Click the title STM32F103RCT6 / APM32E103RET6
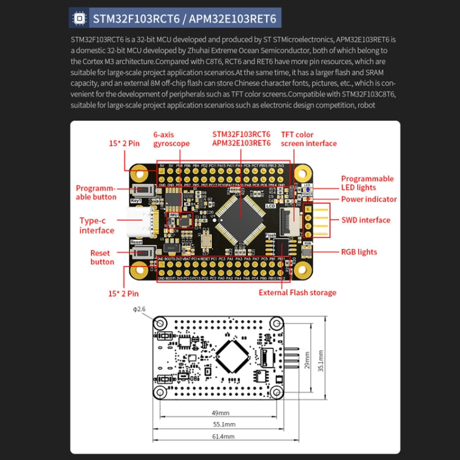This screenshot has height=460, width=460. point(185,18)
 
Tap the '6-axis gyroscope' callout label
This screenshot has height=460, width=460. point(171,139)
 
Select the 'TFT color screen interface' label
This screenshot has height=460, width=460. point(309,139)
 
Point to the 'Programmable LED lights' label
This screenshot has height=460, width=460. point(367,183)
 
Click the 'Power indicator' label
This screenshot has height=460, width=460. point(368,199)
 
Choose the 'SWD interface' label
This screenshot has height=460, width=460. point(366,220)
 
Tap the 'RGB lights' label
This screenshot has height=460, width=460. point(359,252)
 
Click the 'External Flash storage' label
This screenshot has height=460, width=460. point(297,293)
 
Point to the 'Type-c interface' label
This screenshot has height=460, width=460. point(97,226)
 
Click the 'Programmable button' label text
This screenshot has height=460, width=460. point(96,193)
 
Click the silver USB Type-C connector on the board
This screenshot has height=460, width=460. point(140,223)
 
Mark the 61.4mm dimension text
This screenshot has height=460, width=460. point(223,436)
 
